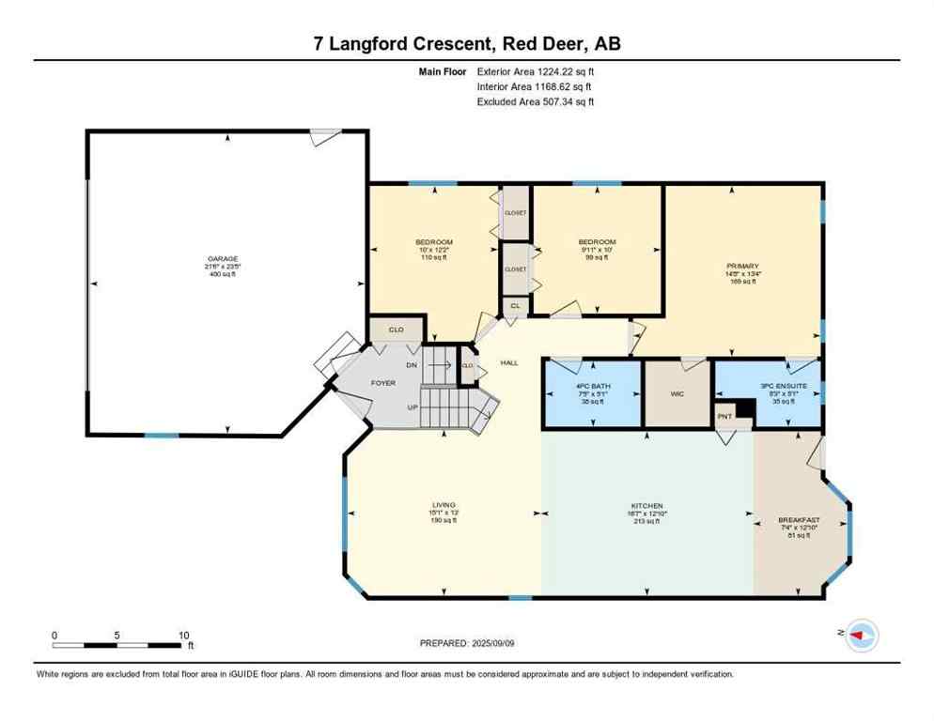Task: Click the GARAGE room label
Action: [223, 259]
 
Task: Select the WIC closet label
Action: [677, 394]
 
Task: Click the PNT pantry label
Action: [724, 416]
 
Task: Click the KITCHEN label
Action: [647, 506]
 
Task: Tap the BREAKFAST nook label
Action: [799, 520]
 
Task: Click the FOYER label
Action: [382, 383]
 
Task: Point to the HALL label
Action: [508, 362]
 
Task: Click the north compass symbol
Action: [861, 637]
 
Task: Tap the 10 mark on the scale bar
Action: [184, 635]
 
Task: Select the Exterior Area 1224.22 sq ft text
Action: [536, 70]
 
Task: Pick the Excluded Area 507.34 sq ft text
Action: [536, 101]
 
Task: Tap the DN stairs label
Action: [412, 365]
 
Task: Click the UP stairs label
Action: [412, 407]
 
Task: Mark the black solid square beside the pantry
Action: [744, 408]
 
